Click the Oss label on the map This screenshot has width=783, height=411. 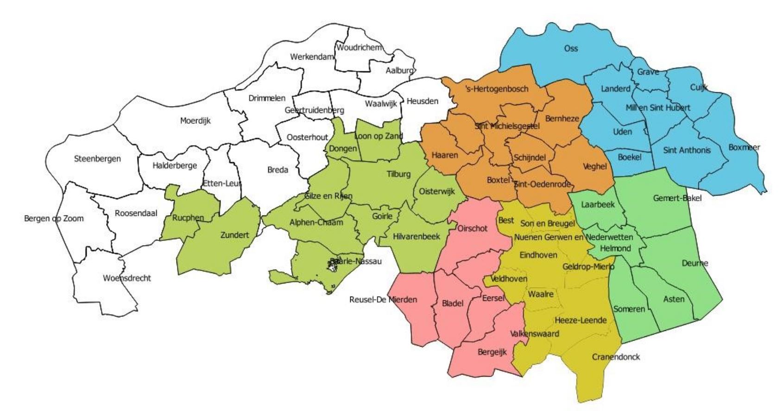(x=571, y=48)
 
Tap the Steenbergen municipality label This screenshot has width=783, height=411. (x=97, y=158)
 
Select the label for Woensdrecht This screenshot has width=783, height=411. (x=127, y=278)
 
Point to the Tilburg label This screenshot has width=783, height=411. (x=398, y=174)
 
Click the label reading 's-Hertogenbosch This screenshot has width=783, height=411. (x=497, y=89)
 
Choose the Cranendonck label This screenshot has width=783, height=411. (x=616, y=357)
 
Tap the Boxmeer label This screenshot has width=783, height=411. (x=744, y=147)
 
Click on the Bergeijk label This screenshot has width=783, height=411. (x=492, y=352)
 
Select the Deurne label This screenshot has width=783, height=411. (x=695, y=263)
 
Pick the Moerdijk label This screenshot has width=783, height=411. (x=195, y=121)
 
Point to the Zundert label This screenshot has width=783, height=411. (x=234, y=235)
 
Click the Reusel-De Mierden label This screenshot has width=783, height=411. (x=383, y=299)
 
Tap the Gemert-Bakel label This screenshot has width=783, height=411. (x=677, y=198)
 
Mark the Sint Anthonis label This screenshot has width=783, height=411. (x=687, y=150)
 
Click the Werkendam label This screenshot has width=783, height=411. (x=312, y=57)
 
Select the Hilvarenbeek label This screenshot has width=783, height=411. (x=416, y=236)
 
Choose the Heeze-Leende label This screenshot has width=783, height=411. (x=581, y=320)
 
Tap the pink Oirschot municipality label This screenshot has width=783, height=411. (x=472, y=228)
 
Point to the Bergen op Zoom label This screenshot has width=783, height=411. (x=54, y=218)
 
